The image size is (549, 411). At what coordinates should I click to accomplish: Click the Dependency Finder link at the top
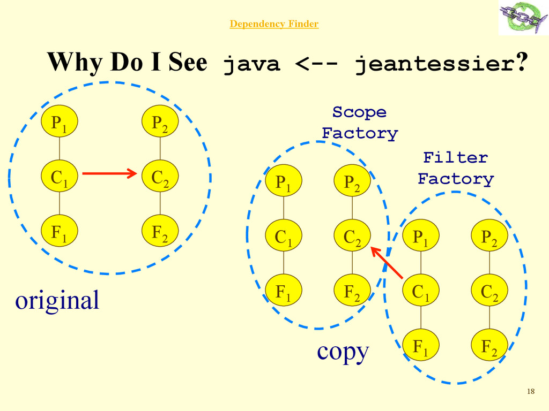click(x=274, y=24)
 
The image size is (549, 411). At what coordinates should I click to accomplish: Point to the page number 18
click(x=531, y=391)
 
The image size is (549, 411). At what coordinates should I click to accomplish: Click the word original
click(x=57, y=300)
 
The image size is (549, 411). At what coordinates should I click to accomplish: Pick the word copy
click(x=343, y=352)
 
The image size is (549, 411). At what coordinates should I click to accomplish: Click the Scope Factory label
click(x=360, y=123)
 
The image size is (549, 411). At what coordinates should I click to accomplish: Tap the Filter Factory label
click(x=455, y=168)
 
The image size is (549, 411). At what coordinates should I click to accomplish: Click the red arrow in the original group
click(x=110, y=173)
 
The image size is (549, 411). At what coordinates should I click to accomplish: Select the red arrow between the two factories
click(x=387, y=262)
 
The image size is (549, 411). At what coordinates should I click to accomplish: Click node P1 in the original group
click(x=60, y=123)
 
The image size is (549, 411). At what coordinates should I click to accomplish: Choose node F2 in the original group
click(x=160, y=232)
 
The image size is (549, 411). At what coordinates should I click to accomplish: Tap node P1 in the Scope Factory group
click(x=284, y=182)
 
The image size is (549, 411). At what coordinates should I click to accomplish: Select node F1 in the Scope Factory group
click(x=284, y=291)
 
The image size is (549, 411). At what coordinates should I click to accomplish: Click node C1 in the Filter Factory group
click(x=420, y=291)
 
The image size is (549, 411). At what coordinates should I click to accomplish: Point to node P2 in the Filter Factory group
click(x=489, y=237)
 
